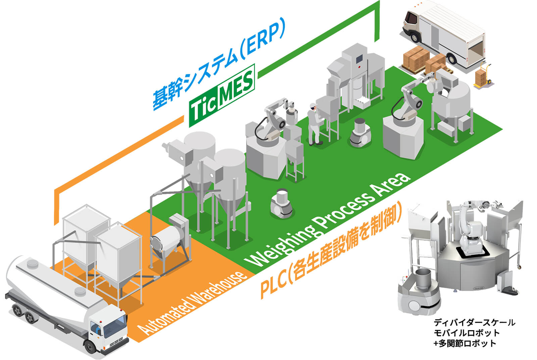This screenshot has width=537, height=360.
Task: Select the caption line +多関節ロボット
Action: tap(465, 343)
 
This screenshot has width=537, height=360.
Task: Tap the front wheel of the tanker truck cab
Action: tap(91, 346)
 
